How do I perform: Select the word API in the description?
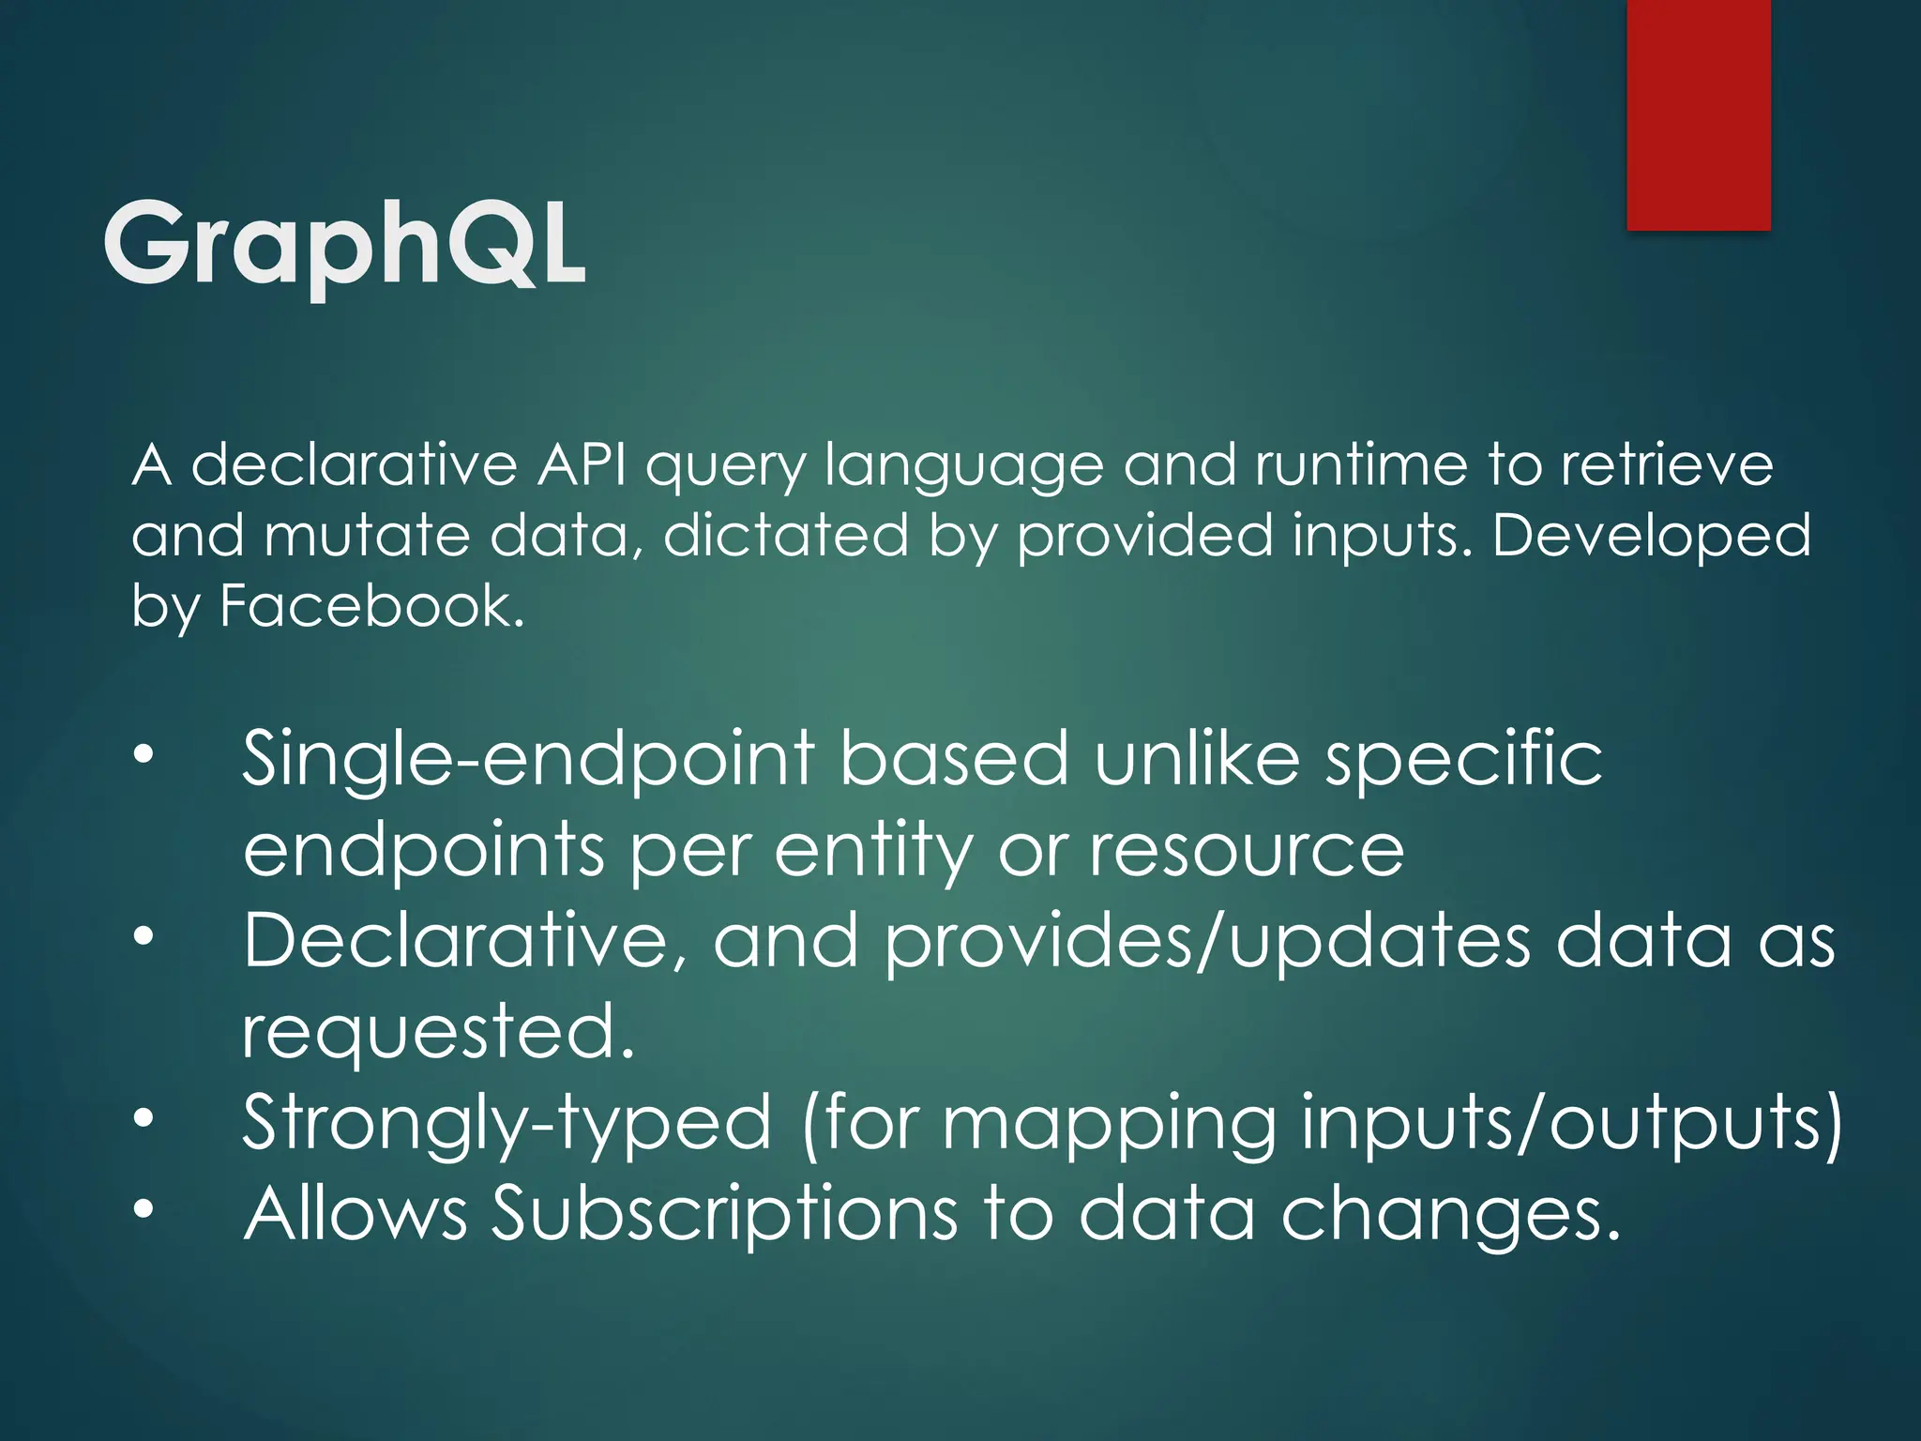(x=582, y=465)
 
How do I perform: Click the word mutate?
(x=367, y=536)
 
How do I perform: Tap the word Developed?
(x=1651, y=536)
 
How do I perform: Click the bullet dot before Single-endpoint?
(x=143, y=756)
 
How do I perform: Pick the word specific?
(x=1463, y=760)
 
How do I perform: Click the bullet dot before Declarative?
(x=143, y=937)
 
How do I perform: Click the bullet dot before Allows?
(x=143, y=1210)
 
